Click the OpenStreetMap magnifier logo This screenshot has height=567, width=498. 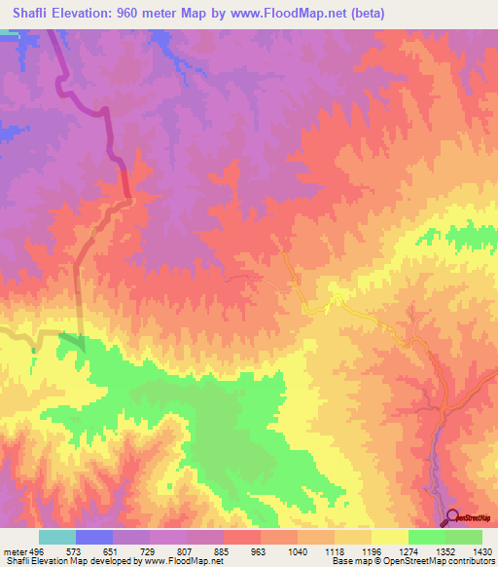click(x=454, y=517)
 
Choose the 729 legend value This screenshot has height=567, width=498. click(x=150, y=550)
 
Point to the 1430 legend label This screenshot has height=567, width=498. click(x=481, y=550)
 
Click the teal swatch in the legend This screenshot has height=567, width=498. click(x=56, y=537)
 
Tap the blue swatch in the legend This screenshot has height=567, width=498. click(x=93, y=537)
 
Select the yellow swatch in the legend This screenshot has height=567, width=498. click(x=389, y=537)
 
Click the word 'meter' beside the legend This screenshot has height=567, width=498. click(x=13, y=550)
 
